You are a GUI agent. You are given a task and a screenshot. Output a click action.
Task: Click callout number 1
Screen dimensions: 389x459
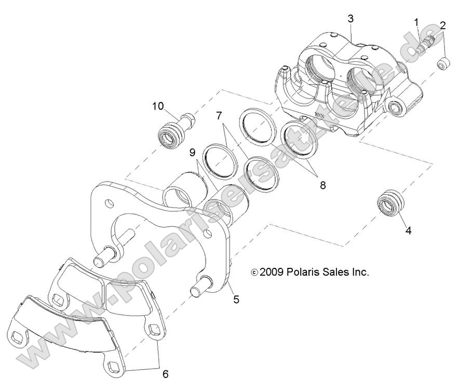(x=416, y=22)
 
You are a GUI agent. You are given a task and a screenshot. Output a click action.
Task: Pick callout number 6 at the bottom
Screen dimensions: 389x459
(x=166, y=373)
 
